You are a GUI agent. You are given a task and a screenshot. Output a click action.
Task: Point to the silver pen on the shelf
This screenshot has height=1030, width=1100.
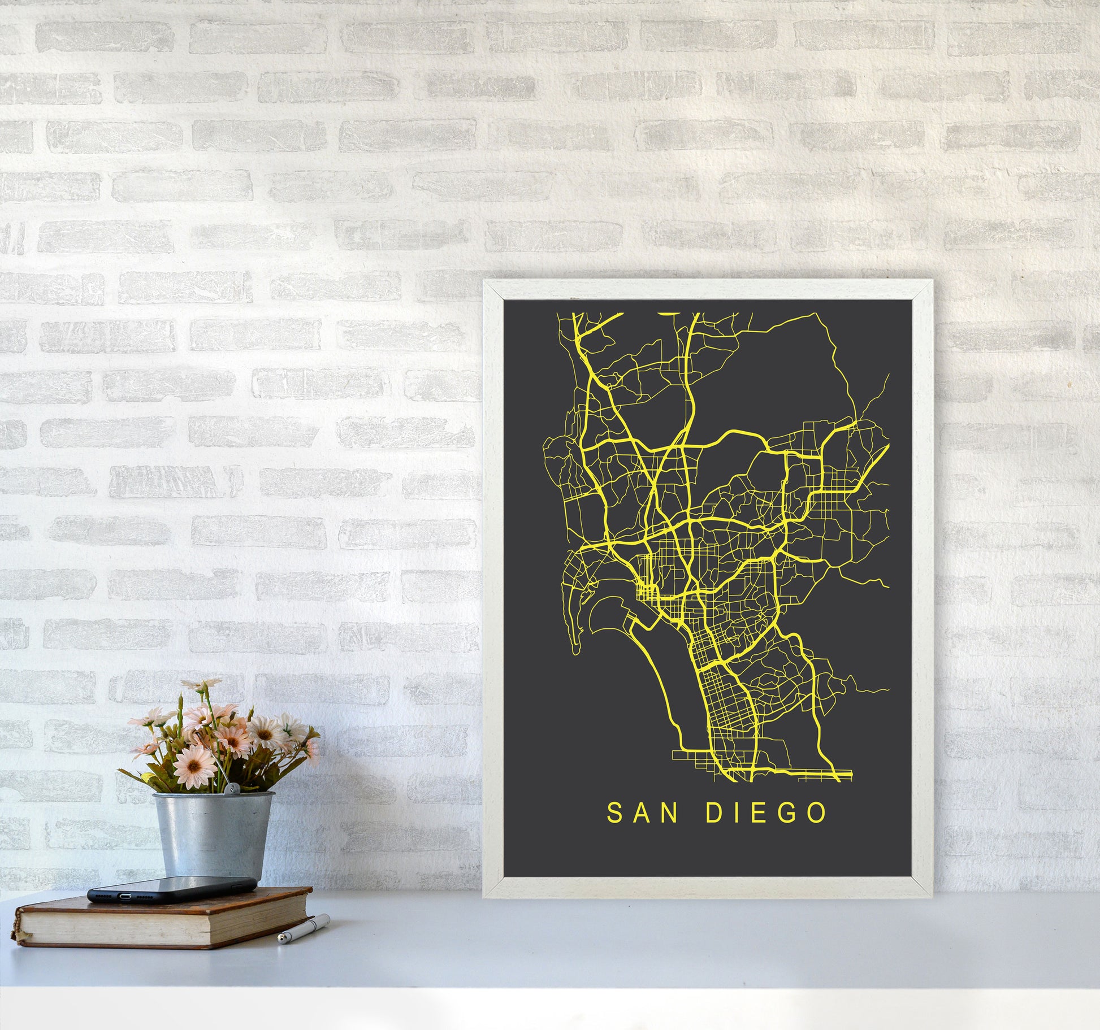pyautogui.click(x=304, y=929)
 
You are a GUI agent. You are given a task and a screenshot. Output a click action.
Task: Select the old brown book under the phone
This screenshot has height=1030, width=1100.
pyautogui.click(x=164, y=919)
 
